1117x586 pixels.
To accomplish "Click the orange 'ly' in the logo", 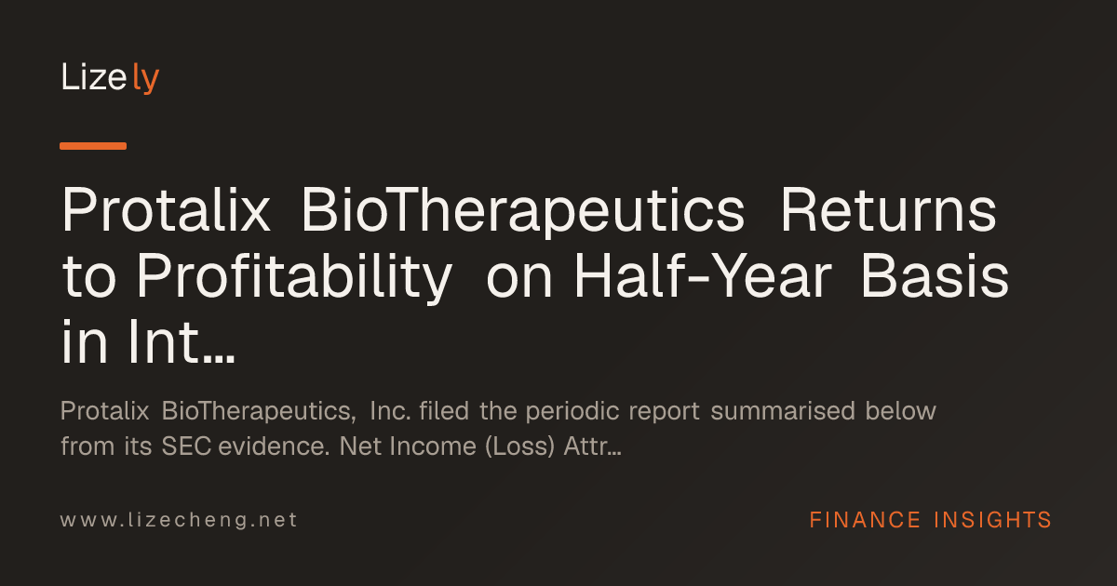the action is pos(145,78).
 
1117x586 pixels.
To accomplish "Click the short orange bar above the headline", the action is pos(93,146).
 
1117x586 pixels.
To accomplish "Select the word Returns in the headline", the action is pos(888,210).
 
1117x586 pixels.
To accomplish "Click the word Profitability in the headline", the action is pos(294,277).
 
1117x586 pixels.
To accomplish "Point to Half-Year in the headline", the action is pos(703,276).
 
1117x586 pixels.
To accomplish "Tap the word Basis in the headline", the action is pos(935,276).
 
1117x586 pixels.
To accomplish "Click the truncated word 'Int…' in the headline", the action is pos(181,342).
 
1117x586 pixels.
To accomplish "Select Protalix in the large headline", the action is pos(166,210).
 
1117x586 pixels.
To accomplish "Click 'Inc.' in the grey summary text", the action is pos(390,411).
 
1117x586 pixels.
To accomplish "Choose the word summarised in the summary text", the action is pos(783,411).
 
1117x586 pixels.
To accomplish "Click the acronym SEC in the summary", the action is pos(186,446).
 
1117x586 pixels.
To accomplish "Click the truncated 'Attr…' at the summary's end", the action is pos(592,446).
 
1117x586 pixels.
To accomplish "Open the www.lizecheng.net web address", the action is pos(179,520).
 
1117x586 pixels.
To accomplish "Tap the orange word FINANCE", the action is pos(865,520).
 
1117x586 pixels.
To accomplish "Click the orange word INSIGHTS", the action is pos(992,520).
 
